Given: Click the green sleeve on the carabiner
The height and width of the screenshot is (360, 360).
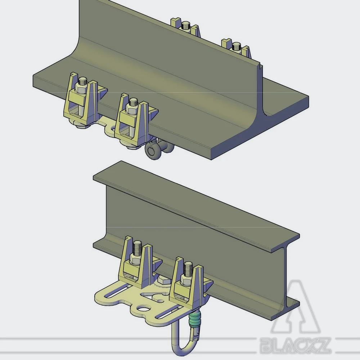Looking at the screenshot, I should pos(195,319).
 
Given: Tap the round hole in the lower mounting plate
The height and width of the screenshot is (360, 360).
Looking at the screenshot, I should pos(144,309).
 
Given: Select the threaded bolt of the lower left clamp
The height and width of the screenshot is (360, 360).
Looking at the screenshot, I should pos(137,248).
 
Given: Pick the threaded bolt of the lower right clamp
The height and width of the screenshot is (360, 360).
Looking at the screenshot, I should pos(188,268).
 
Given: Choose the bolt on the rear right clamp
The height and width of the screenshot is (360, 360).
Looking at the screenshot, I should pos(236,46).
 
